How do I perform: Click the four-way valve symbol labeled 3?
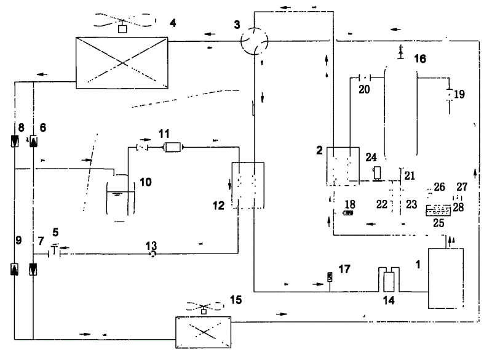coord(253,41)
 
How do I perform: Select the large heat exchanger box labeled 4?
coord(121,60)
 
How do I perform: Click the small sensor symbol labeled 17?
coord(330,277)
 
